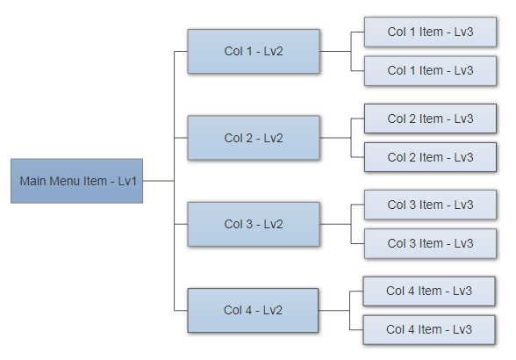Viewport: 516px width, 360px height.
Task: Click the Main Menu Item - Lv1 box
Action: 76,181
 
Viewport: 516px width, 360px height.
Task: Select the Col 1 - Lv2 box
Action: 254,51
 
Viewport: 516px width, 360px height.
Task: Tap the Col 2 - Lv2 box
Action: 254,138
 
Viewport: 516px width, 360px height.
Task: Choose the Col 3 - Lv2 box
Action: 254,224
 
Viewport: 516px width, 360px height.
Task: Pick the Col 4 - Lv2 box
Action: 253,310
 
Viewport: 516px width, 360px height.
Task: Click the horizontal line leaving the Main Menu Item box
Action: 159,181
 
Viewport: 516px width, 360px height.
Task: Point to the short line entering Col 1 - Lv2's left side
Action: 181,52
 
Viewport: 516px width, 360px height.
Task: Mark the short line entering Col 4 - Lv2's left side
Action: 181,310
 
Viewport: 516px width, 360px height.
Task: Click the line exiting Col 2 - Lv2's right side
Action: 335,138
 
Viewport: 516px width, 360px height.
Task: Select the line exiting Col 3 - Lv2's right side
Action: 335,224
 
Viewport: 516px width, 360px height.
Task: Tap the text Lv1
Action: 127,181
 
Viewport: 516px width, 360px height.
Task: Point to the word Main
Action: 33,181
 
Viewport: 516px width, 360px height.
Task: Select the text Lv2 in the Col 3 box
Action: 273,224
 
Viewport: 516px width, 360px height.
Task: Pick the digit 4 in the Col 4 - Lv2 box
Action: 247,310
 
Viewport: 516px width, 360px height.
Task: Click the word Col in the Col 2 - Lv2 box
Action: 233,138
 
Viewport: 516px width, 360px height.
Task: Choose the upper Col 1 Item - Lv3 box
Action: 430,32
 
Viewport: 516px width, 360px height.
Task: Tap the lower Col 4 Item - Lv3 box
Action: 429,329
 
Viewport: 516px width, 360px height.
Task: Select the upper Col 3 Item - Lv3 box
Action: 430,205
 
